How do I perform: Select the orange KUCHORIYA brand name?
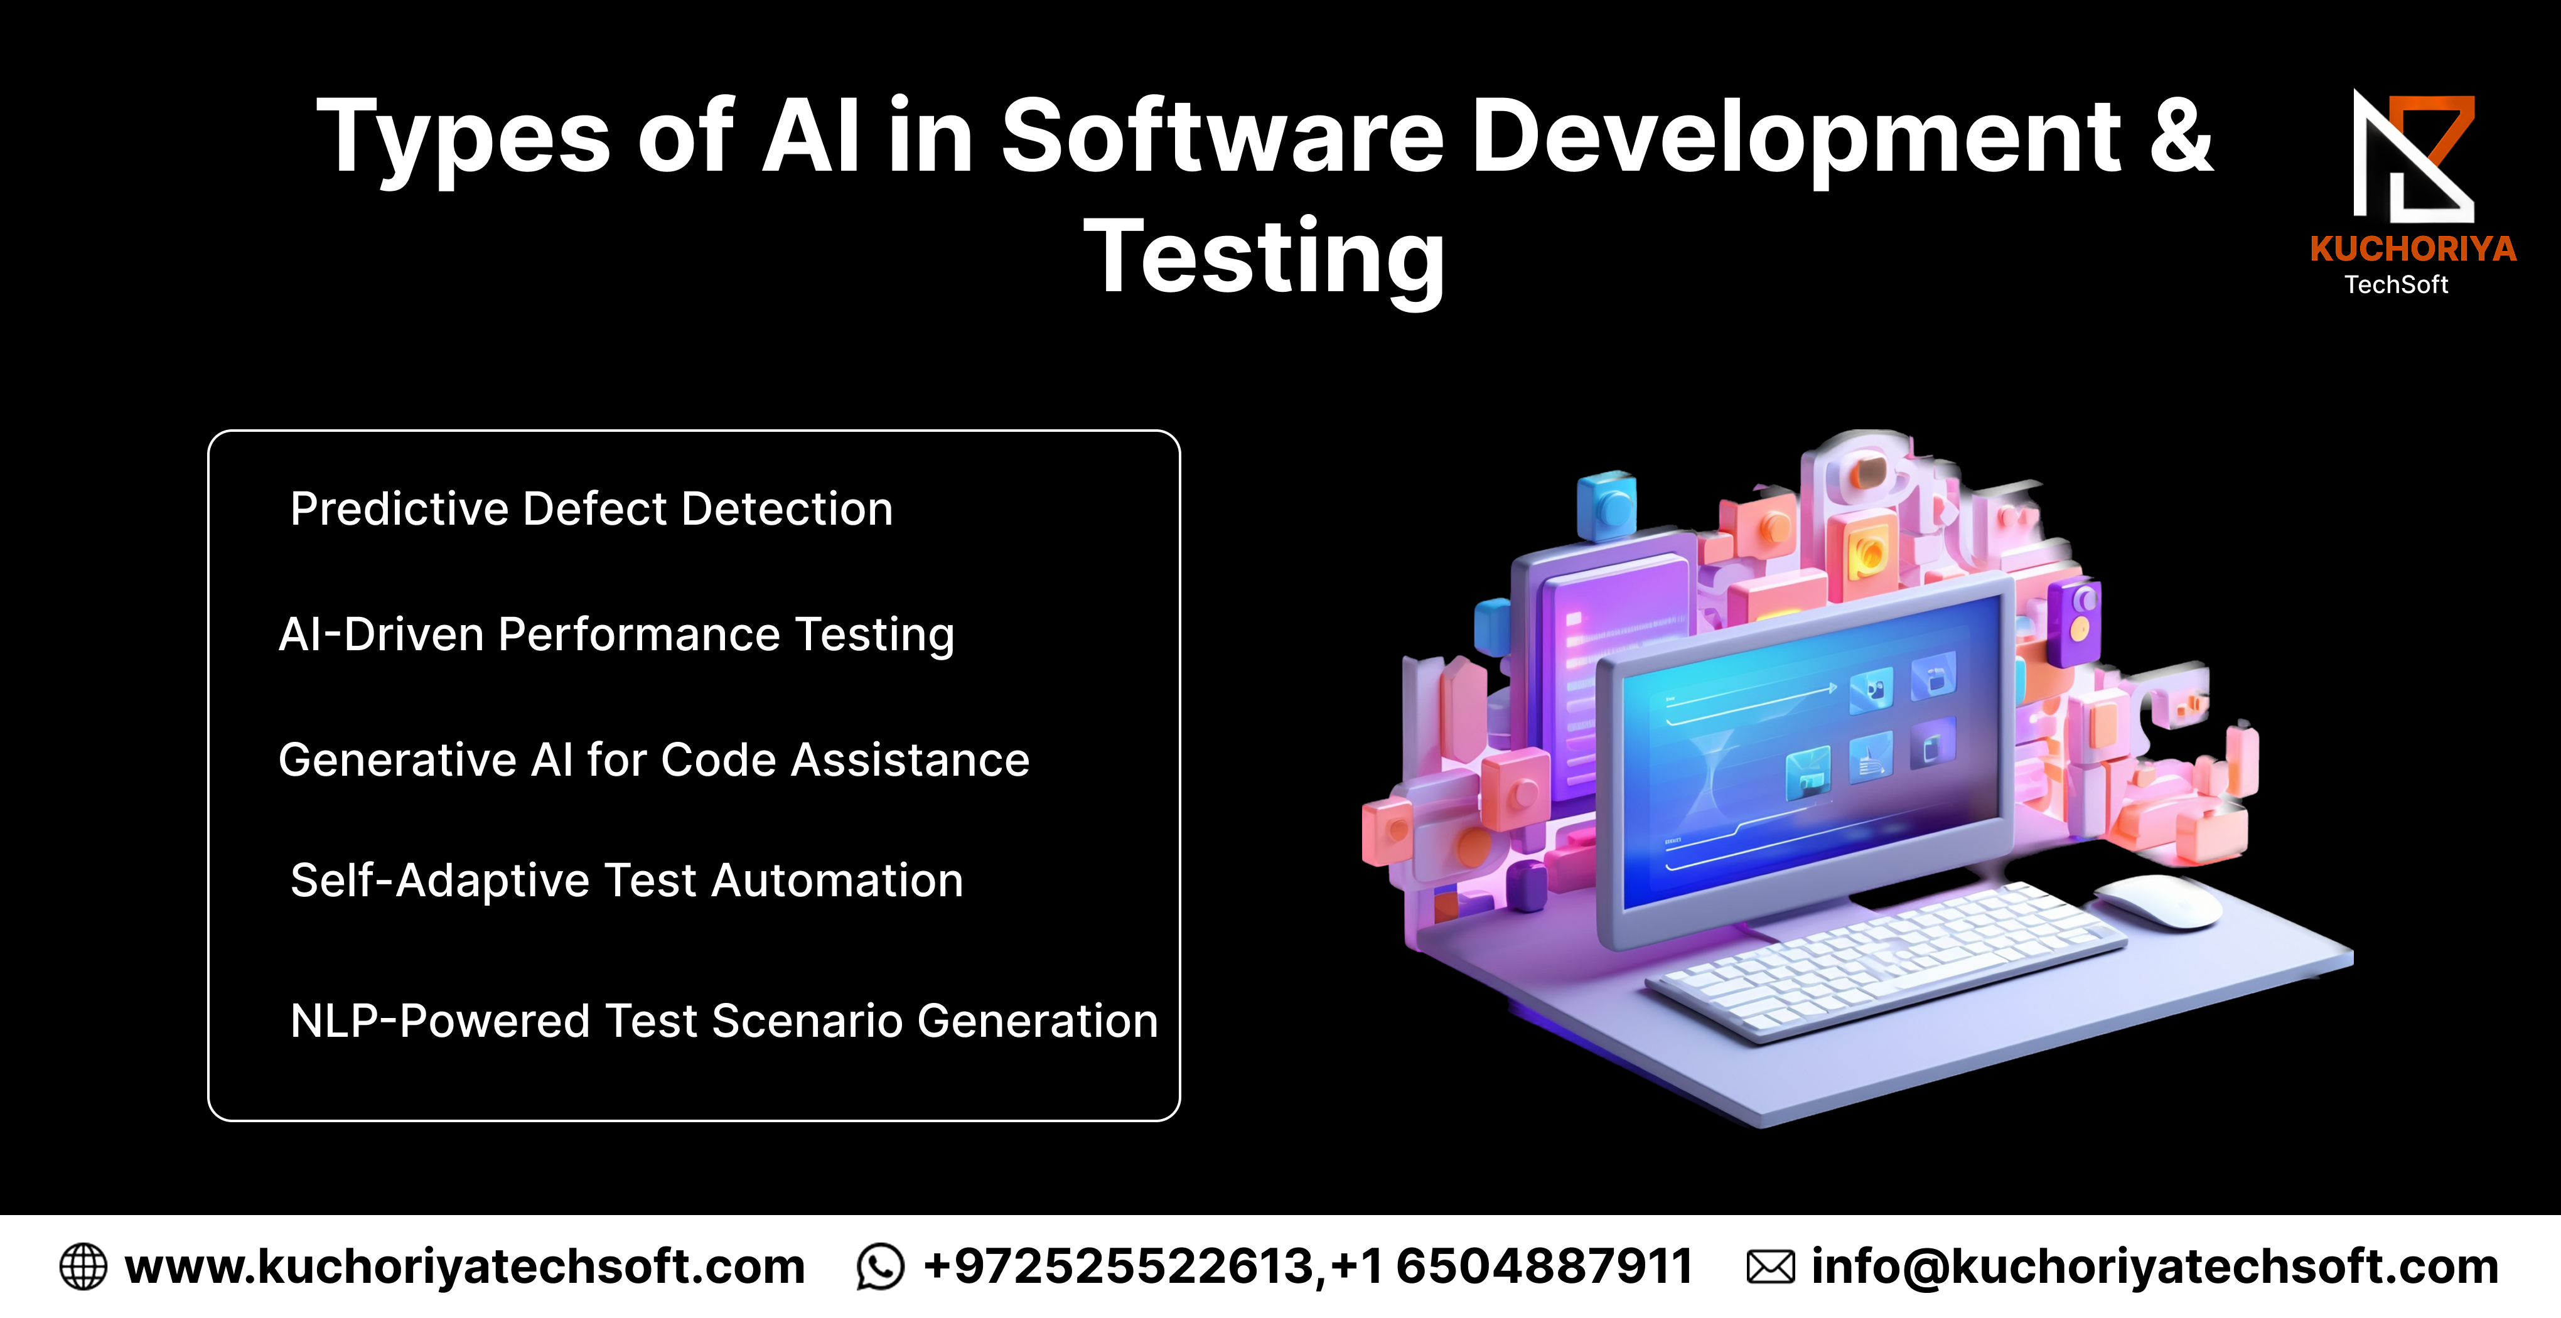(x=2413, y=249)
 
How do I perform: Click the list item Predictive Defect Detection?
(x=591, y=509)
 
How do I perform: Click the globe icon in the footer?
(x=83, y=1267)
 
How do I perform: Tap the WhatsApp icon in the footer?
(x=880, y=1267)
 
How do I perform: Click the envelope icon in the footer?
(x=1771, y=1267)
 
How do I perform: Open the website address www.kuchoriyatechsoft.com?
(x=464, y=1267)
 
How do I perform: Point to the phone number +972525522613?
(x=1119, y=1267)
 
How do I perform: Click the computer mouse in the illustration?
(x=2157, y=901)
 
